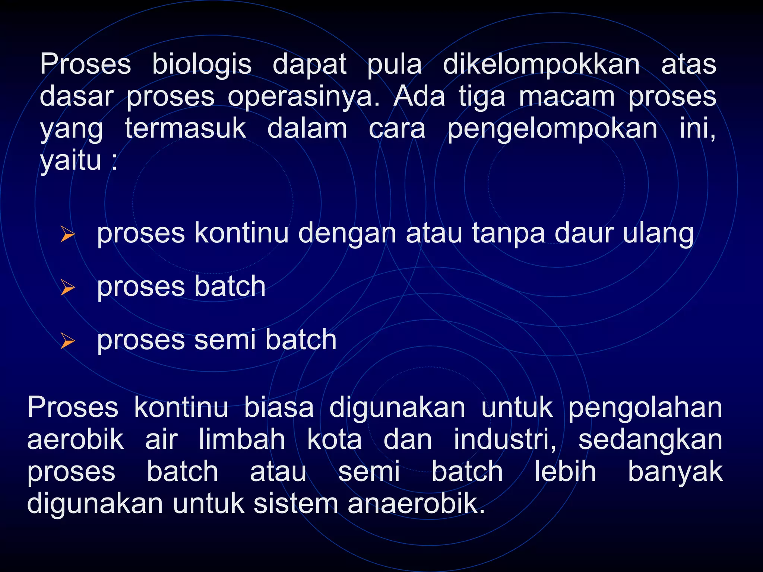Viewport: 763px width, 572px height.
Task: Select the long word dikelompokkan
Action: (x=541, y=64)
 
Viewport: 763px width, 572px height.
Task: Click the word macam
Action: (x=567, y=97)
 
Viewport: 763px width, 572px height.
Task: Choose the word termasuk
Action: (x=185, y=128)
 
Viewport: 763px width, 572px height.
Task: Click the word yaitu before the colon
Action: (x=71, y=161)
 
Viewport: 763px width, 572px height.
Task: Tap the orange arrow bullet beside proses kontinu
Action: (x=68, y=235)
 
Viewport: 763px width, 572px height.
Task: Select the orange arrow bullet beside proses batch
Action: (x=68, y=288)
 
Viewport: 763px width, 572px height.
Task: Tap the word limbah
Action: (x=242, y=440)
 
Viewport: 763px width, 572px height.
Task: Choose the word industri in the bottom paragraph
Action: (x=504, y=440)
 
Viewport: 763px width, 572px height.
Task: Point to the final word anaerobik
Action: (x=416, y=504)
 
